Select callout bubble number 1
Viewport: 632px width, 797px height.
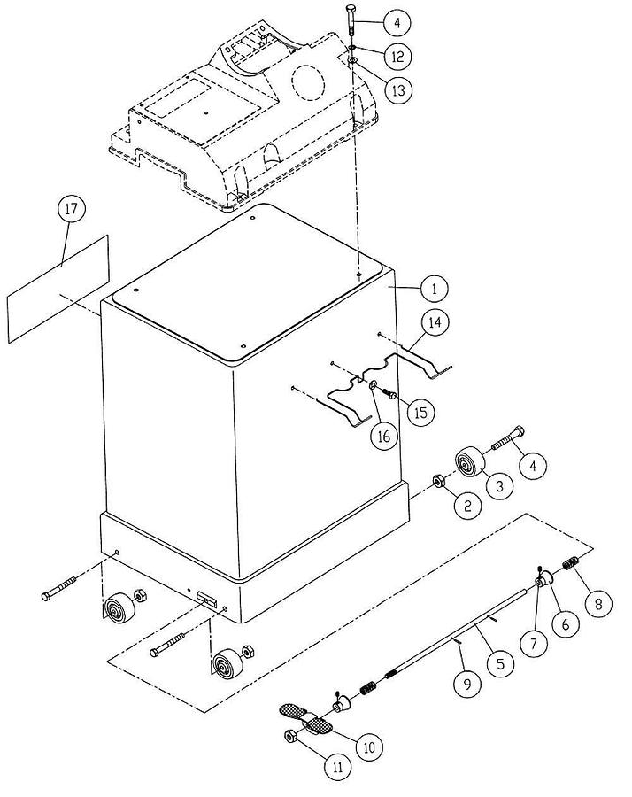pyautogui.click(x=434, y=288)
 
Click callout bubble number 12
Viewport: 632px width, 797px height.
pyautogui.click(x=397, y=57)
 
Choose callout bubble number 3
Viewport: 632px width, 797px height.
pyautogui.click(x=498, y=486)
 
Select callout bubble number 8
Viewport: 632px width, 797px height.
pyautogui.click(x=598, y=605)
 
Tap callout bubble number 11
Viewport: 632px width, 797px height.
pyautogui.click(x=336, y=768)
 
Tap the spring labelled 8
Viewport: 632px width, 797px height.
pyautogui.click(x=571, y=562)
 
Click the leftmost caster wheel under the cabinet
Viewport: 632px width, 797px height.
pyautogui.click(x=116, y=612)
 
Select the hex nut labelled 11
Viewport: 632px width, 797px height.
pyautogui.click(x=291, y=737)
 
